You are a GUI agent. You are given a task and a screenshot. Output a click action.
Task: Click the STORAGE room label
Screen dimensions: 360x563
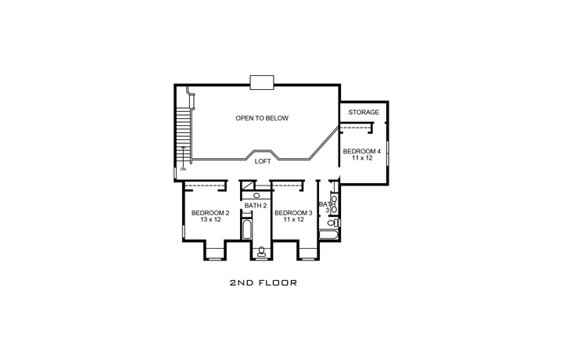[364, 113]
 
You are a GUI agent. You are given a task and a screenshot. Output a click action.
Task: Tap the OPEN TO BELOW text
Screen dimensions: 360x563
[262, 119]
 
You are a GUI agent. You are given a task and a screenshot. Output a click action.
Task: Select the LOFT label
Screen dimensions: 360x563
[263, 161]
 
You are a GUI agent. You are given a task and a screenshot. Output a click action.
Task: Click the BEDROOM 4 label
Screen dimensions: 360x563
[362, 149]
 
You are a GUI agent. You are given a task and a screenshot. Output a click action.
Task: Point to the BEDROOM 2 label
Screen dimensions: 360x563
[210, 212]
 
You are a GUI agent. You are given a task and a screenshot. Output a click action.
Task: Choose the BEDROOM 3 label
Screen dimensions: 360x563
[293, 212]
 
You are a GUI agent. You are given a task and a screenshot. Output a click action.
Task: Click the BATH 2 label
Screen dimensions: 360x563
[256, 205]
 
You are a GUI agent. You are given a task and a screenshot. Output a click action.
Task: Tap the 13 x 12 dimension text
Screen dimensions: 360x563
[210, 220]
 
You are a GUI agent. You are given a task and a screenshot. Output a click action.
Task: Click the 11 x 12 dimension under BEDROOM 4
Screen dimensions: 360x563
[362, 158]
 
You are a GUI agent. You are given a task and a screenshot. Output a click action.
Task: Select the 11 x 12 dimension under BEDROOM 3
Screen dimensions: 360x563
[293, 220]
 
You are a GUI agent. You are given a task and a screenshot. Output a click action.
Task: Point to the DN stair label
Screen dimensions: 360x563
[182, 168]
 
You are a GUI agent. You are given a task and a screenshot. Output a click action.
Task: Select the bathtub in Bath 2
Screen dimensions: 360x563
[247, 231]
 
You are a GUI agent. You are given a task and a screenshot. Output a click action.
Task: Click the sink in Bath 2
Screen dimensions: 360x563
[256, 195]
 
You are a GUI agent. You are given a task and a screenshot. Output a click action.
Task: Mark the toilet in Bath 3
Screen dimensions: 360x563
[332, 223]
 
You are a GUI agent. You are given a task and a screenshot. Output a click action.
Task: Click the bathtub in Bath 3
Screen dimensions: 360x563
[328, 234]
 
